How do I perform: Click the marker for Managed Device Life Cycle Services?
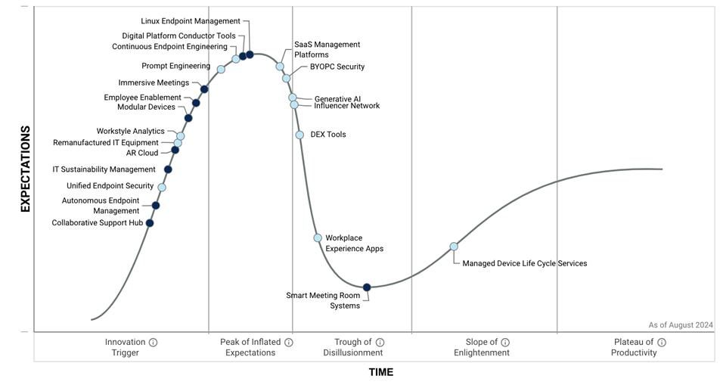coord(454,247)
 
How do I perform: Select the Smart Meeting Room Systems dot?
coord(367,287)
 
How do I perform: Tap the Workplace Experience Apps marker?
coord(318,238)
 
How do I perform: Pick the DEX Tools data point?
coord(299,135)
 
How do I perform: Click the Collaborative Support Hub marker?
coord(150,223)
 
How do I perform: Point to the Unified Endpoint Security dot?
coord(162,188)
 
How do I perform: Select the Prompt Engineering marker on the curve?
coord(221,70)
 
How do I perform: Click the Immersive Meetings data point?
coord(204,89)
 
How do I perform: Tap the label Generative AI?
coord(337,99)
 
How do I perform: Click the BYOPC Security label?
coord(337,67)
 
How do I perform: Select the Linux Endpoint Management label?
coord(191,21)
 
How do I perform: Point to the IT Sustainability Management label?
coord(104,169)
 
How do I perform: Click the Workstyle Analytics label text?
coord(130,132)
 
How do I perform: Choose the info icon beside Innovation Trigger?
coord(153,343)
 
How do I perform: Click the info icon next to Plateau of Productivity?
coord(662,343)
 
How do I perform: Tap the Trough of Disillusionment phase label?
coord(352,347)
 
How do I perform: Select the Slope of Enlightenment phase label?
coord(481,347)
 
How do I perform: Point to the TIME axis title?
coord(381,372)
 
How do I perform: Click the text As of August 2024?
coord(680,325)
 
